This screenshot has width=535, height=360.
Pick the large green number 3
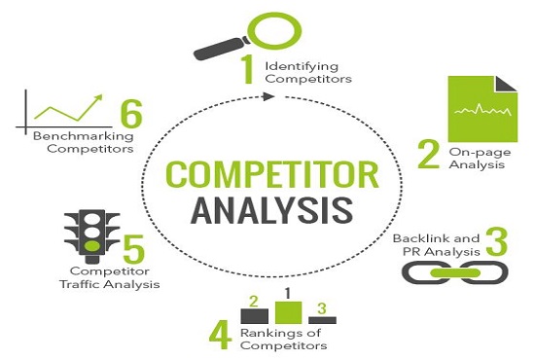(x=496, y=242)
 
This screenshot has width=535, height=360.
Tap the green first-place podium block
(x=287, y=311)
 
